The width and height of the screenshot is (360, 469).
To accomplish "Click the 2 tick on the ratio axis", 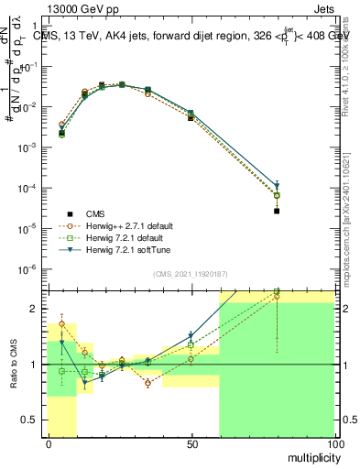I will pyautogui.click(x=37, y=309).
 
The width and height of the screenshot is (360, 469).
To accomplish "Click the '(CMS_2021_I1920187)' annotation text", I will pyautogui.click(x=190, y=273).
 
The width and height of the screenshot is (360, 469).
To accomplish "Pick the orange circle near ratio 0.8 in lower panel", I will pyautogui.click(x=147, y=383).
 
